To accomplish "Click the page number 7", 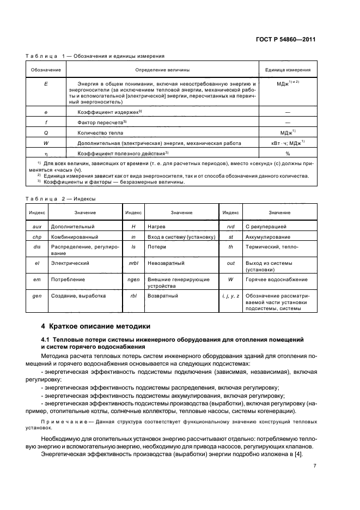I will coord(314,466).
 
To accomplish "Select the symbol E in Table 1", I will coord(46,83).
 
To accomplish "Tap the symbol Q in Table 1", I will coord(46,132).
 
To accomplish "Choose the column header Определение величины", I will coord(162,70).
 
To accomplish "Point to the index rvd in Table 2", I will coord(230,226).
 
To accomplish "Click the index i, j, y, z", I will coord(230,296).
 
